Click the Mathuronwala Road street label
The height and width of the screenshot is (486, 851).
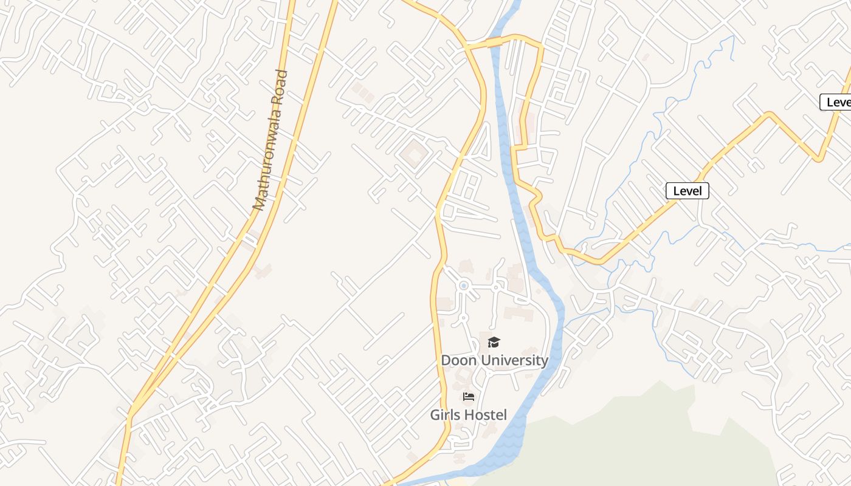pyautogui.click(x=270, y=140)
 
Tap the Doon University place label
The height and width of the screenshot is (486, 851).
pyautogui.click(x=494, y=360)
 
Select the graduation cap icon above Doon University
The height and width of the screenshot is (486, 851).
pyautogui.click(x=494, y=342)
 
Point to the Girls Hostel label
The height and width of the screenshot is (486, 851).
pyautogui.click(x=468, y=415)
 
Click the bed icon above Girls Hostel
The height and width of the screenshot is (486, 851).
pyautogui.click(x=468, y=397)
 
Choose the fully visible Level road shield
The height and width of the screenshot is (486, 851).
pyautogui.click(x=687, y=191)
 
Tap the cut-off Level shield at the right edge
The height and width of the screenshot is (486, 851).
pyautogui.click(x=837, y=102)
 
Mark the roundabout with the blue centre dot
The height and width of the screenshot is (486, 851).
pyautogui.click(x=464, y=285)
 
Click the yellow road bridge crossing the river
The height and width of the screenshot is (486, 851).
pyautogui.click(x=494, y=41)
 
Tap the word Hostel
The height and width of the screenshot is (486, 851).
pyautogui.click(x=485, y=415)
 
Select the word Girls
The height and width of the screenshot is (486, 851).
pyautogui.click(x=445, y=415)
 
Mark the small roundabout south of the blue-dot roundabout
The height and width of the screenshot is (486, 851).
pyautogui.click(x=463, y=317)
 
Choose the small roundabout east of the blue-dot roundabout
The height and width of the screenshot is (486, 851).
pyautogui.click(x=497, y=287)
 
